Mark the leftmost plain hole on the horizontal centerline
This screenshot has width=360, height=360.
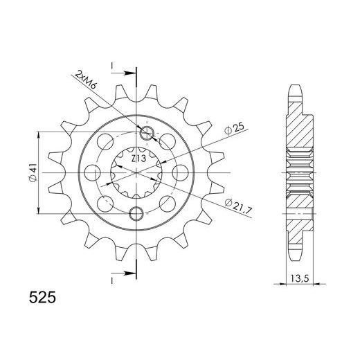[x=91, y=172]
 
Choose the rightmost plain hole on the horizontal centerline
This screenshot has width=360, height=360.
[x=181, y=172]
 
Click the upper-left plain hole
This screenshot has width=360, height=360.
[x=106, y=143]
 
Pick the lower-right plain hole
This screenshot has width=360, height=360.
[x=168, y=202]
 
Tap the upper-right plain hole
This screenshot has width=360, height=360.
[x=168, y=142]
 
